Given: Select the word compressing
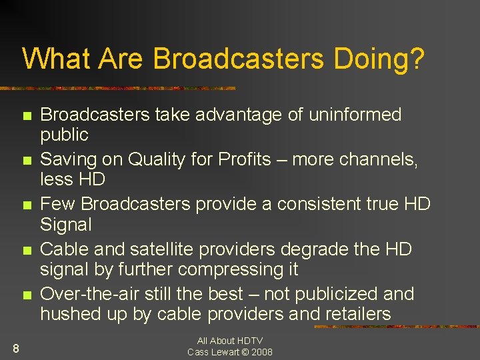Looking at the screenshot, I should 229,269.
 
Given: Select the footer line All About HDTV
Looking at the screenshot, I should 230,341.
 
